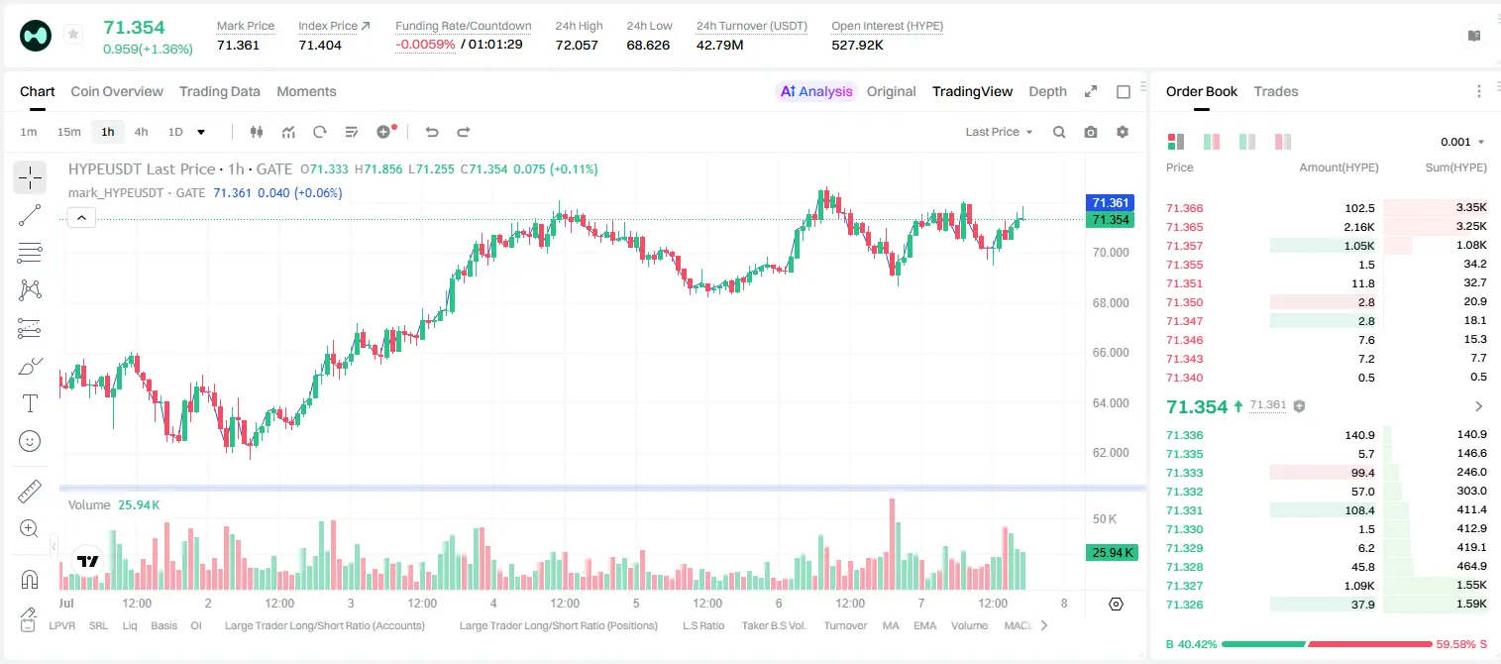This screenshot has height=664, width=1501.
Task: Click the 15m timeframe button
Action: tap(69, 132)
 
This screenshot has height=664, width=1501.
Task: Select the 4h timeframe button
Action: tap(141, 132)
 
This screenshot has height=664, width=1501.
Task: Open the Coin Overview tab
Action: tap(117, 91)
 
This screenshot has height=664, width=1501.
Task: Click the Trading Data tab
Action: tap(220, 91)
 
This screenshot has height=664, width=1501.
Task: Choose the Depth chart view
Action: tap(1047, 91)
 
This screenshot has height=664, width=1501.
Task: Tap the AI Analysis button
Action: tap(816, 91)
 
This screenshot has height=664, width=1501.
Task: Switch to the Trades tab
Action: tap(1276, 91)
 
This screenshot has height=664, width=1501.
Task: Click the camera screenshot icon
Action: tap(1091, 132)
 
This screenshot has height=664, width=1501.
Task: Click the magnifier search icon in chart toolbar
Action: tap(1059, 132)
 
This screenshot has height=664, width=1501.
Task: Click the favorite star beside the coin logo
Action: tap(73, 34)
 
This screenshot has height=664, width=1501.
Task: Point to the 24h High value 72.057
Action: tap(577, 45)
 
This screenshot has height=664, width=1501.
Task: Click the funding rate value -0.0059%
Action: tap(425, 45)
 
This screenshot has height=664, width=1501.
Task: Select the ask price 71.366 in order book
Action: tap(1184, 208)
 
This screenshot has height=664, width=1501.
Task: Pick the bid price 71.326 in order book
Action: tap(1184, 605)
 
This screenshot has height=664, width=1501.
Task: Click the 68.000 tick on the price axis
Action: tap(1111, 303)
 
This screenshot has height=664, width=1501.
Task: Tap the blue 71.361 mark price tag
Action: tap(1110, 202)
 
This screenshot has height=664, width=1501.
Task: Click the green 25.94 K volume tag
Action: tap(1112, 553)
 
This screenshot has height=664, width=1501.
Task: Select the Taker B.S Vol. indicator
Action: tap(773, 625)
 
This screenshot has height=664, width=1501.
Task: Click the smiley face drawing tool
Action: tap(30, 441)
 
